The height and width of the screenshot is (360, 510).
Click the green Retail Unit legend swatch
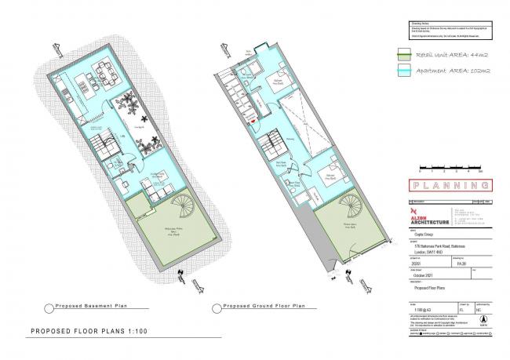[x=421, y=53]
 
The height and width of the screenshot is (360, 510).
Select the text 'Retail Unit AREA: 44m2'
[x=465, y=55]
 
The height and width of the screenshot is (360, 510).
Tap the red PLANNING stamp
[x=451, y=186]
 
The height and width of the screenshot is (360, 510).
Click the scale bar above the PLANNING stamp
[x=450, y=165]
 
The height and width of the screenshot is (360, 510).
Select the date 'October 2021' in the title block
[x=426, y=275]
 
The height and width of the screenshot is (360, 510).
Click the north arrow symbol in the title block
[x=482, y=317]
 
